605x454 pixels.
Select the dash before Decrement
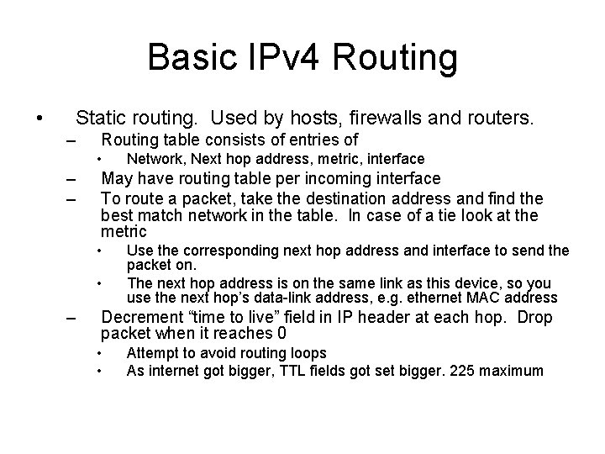tap(71, 318)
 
